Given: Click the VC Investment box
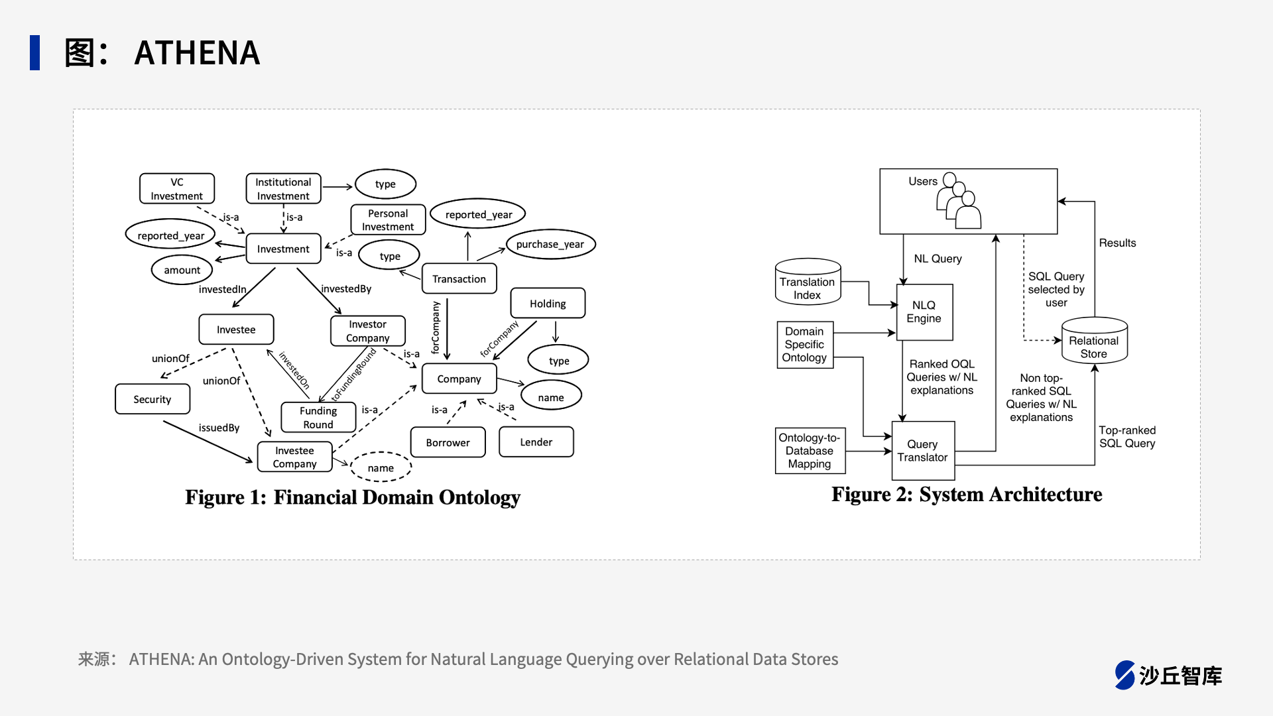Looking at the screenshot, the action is (177, 189).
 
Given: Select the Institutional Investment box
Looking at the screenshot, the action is (283, 189).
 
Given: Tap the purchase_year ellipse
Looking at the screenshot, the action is (550, 244).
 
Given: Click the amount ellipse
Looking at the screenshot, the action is (182, 270).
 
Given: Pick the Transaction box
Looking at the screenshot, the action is (459, 278).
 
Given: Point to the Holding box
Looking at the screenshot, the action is (548, 303).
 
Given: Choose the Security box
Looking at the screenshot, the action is (152, 399).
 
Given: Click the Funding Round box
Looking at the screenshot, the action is (318, 418).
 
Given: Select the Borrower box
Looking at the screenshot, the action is (448, 442).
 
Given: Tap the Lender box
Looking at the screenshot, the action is (536, 442).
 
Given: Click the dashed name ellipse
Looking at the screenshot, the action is (381, 467).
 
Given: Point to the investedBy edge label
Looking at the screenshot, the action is (346, 288).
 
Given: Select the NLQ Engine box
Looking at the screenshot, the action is (924, 312).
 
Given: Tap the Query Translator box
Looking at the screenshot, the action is (923, 451).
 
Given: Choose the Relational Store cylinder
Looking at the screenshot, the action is (1094, 341).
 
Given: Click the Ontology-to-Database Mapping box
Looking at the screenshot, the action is (810, 451).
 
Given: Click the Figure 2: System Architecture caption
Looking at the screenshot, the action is (967, 495).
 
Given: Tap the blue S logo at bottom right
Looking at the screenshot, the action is (1125, 675).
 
